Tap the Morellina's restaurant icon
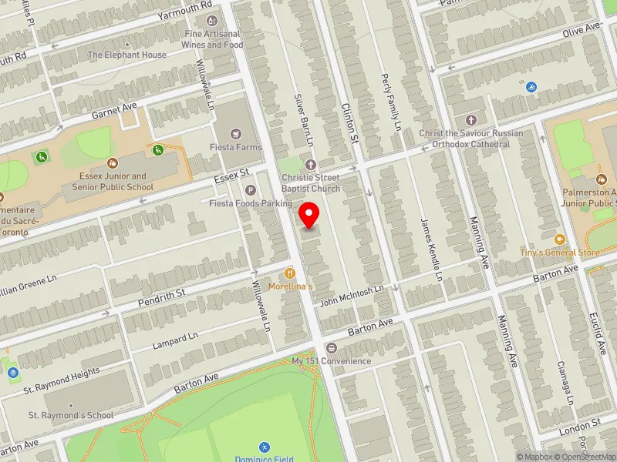pos(290,273)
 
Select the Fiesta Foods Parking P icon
pos(250,190)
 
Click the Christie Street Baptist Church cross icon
pos(311,165)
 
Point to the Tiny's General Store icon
pos(560,240)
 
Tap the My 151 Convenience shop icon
pos(332,348)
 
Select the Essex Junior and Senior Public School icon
pos(113,163)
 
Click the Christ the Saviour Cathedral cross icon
pos(471,120)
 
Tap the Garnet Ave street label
pos(114,110)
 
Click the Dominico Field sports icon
pos(264,447)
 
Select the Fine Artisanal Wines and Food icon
pos(212,21)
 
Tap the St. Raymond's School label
pos(71,416)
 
